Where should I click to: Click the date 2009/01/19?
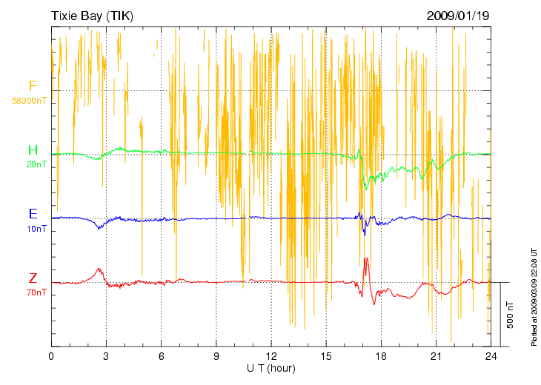coord(458,15)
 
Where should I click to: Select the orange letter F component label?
coord(33,86)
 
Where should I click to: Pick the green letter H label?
coord(33,150)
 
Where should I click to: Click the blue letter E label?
coord(33,214)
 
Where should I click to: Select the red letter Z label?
coord(33,278)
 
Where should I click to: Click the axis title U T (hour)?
coord(271,368)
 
